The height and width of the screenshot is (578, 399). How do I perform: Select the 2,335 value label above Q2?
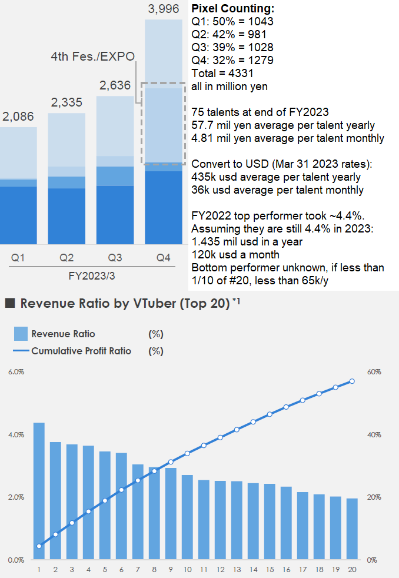pos(66,103)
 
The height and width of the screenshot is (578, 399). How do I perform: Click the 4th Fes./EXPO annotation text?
pos(93,57)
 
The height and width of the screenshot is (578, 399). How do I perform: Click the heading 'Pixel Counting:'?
pos(232,9)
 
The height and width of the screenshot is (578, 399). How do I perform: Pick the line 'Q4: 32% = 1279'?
pos(232,61)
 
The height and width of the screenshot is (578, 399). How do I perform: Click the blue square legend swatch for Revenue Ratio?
pos(21,334)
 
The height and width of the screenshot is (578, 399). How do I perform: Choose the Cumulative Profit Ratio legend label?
pos(81,351)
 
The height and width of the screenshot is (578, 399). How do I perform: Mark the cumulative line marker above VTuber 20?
pos(352,381)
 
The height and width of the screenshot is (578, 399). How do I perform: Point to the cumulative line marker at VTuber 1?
pos(39,546)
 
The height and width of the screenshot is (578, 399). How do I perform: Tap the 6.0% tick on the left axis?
pos(16,372)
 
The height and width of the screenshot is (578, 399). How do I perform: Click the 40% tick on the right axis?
pos(374,434)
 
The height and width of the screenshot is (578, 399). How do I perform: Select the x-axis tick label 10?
pos(187,570)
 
